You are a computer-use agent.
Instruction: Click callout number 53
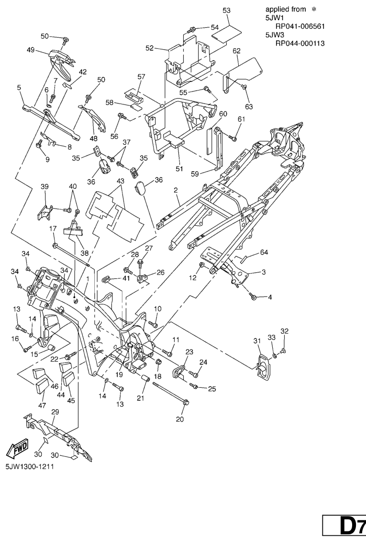coord(226,10)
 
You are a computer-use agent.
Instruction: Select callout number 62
coord(236,50)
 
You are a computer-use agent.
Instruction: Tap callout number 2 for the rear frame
coord(176,190)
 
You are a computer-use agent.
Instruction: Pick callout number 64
coord(264,252)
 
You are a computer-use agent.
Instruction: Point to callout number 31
coord(256,341)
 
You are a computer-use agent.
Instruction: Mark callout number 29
coord(55,413)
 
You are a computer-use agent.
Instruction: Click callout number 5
coord(19,88)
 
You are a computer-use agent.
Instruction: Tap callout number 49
coord(30,50)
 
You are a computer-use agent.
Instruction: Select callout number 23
coord(189,352)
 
